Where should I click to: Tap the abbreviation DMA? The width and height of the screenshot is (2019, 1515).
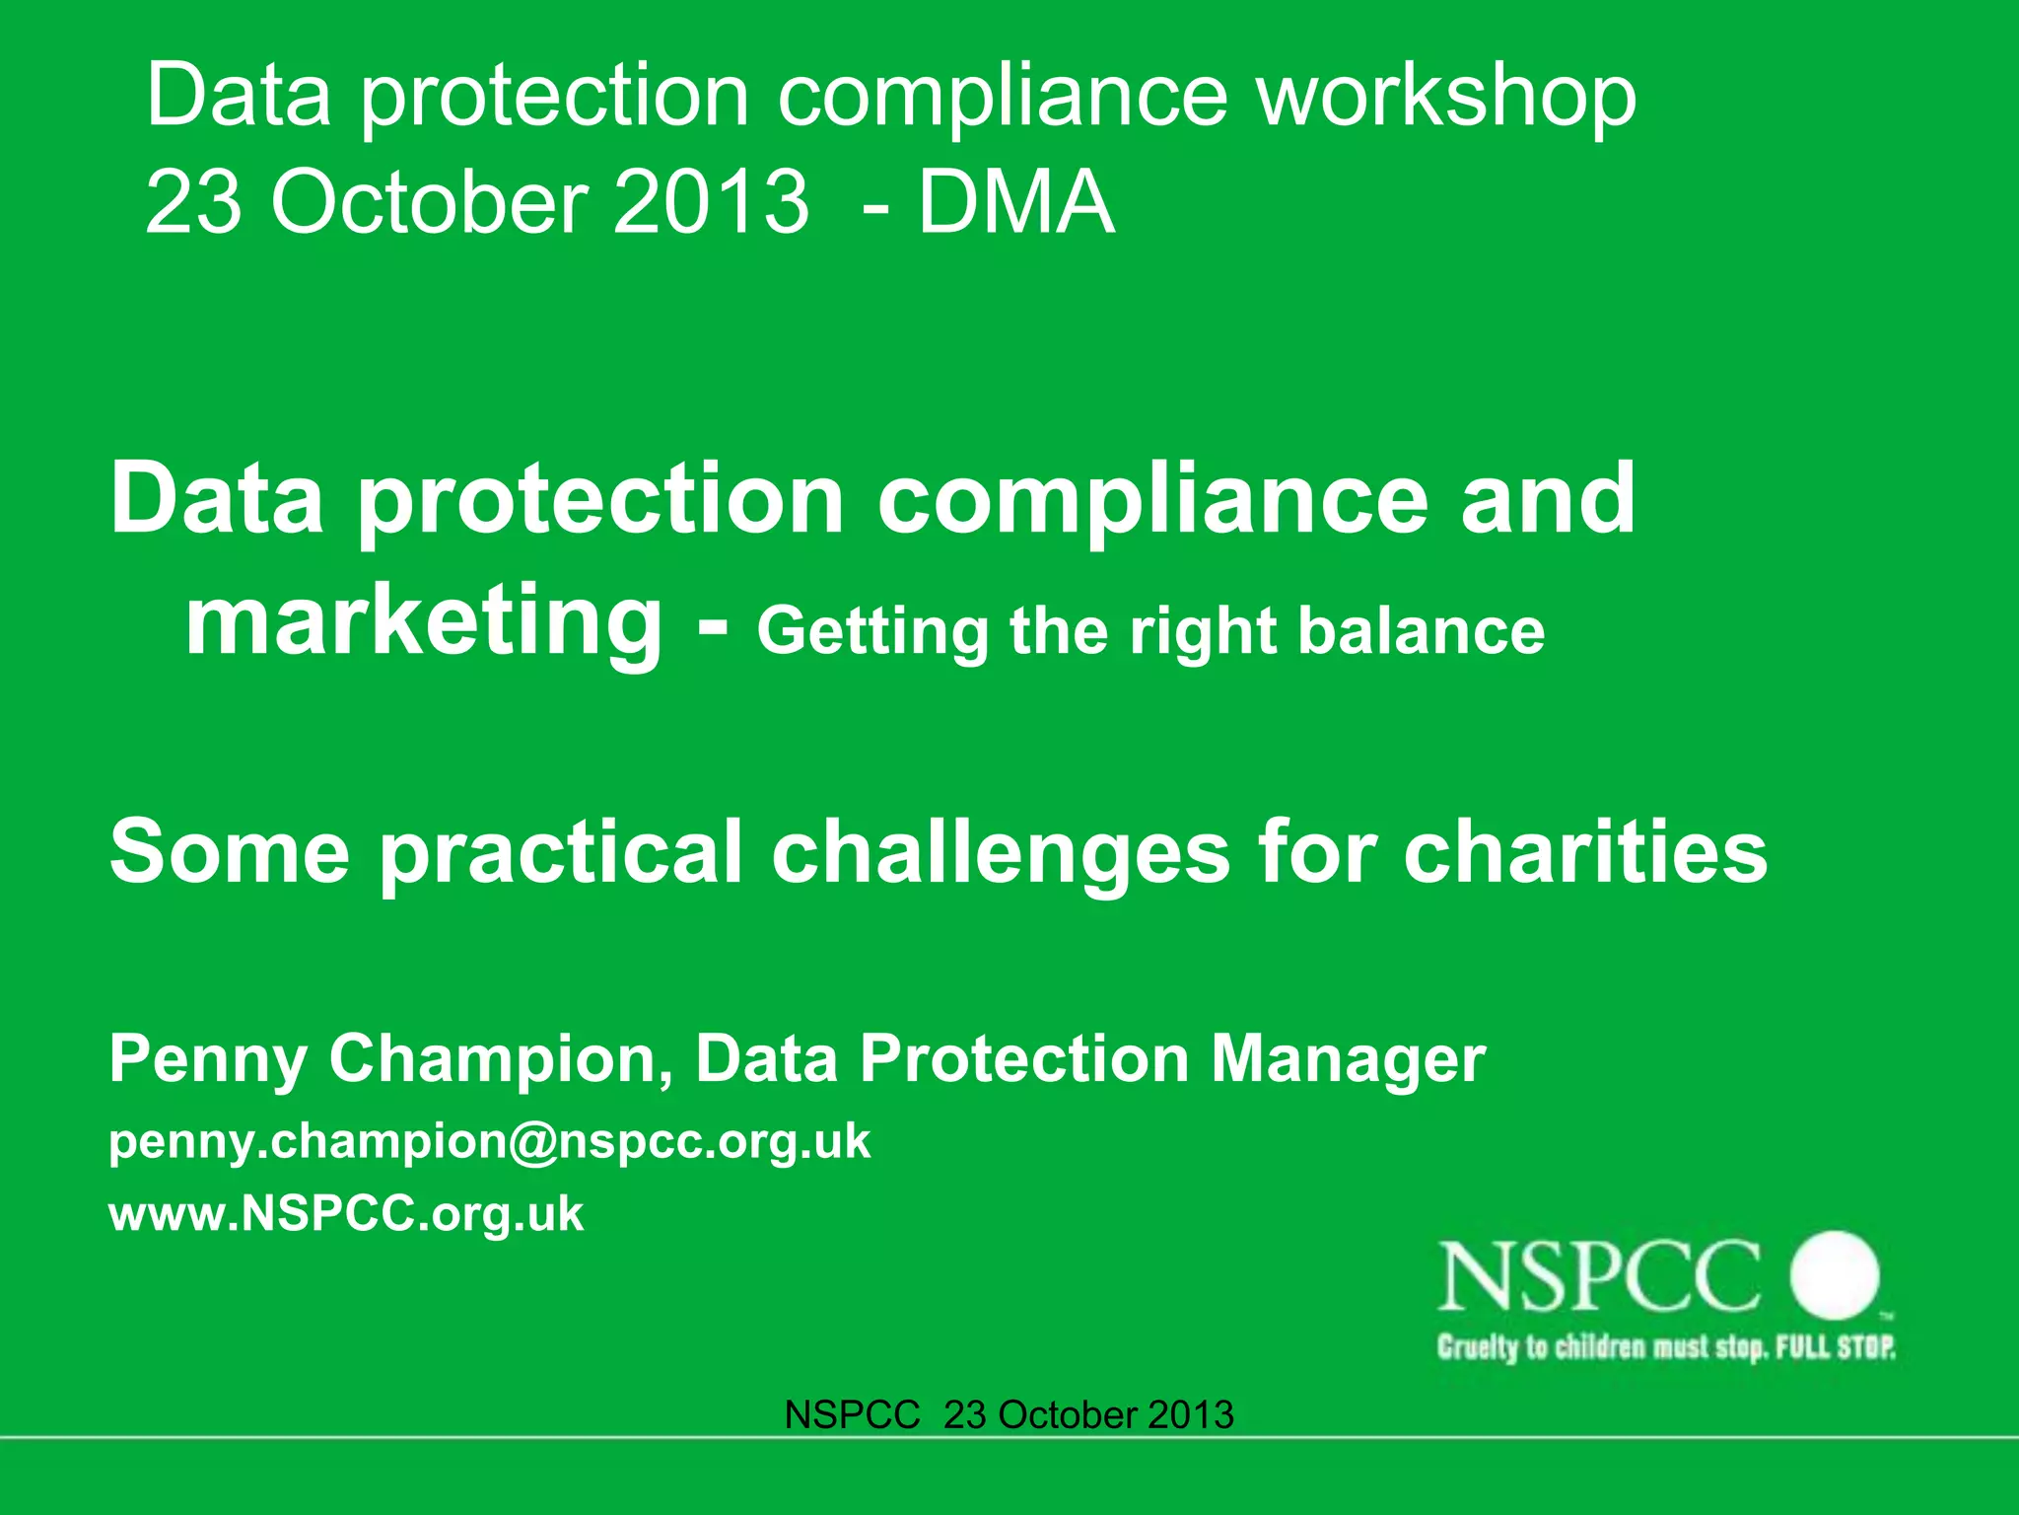pyautogui.click(x=1016, y=202)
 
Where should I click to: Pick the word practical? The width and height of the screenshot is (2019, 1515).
pyautogui.click(x=561, y=853)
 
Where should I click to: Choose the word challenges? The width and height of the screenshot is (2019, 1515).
pyautogui.click(x=1000, y=853)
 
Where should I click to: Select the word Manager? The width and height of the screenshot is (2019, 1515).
pyautogui.click(x=1348, y=1058)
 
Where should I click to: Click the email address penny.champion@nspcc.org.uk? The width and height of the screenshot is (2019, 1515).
pyautogui.click(x=490, y=1142)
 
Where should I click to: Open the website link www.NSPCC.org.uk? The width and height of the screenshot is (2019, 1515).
pyautogui.click(x=346, y=1213)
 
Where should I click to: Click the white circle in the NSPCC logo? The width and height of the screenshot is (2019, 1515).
pyautogui.click(x=1835, y=1275)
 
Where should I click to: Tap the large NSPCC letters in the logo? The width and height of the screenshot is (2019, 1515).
pyautogui.click(x=1599, y=1277)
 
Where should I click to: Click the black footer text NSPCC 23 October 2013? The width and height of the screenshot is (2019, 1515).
pyautogui.click(x=1009, y=1415)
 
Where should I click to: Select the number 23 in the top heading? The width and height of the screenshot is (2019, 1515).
pyautogui.click(x=192, y=202)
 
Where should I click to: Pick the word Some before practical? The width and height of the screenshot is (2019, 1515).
pyautogui.click(x=230, y=851)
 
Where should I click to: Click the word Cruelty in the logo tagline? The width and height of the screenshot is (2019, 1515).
pyautogui.click(x=1478, y=1347)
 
